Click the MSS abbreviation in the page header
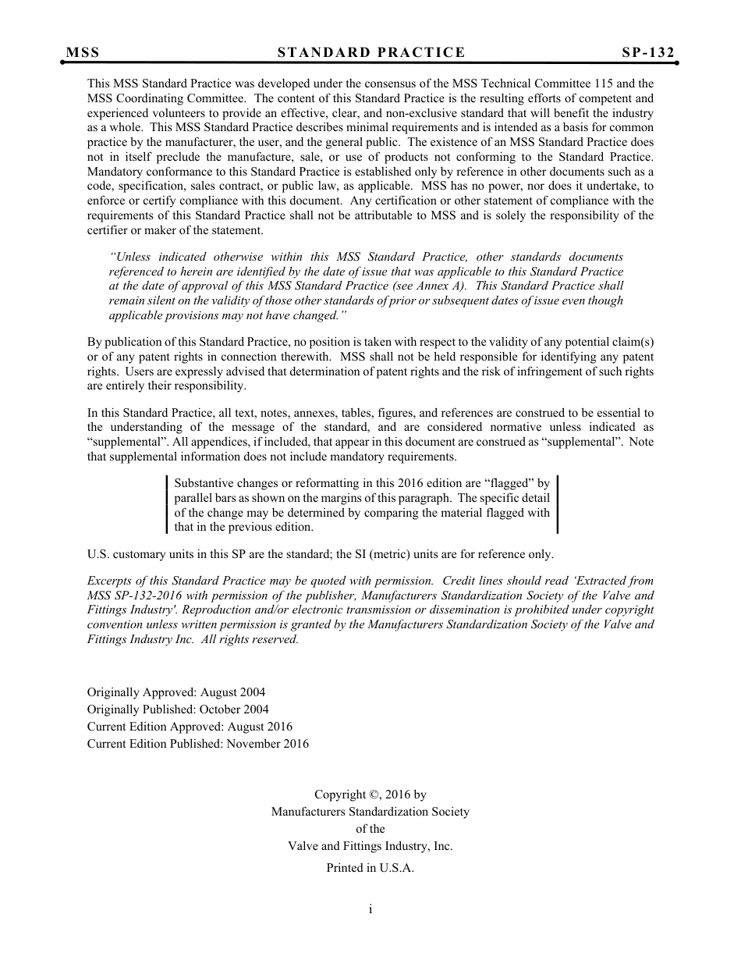[x=83, y=52]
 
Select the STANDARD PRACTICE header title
[x=370, y=52]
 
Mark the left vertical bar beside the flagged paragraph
[x=168, y=505]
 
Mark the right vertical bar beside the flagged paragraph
[x=558, y=505]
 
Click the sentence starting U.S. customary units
[x=320, y=554]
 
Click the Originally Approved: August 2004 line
[x=175, y=692]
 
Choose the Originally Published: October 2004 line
[x=178, y=709]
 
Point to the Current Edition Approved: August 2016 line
[x=190, y=727]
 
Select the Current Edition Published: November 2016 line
[x=197, y=744]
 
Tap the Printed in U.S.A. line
[x=370, y=868]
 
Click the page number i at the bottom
[x=370, y=908]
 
